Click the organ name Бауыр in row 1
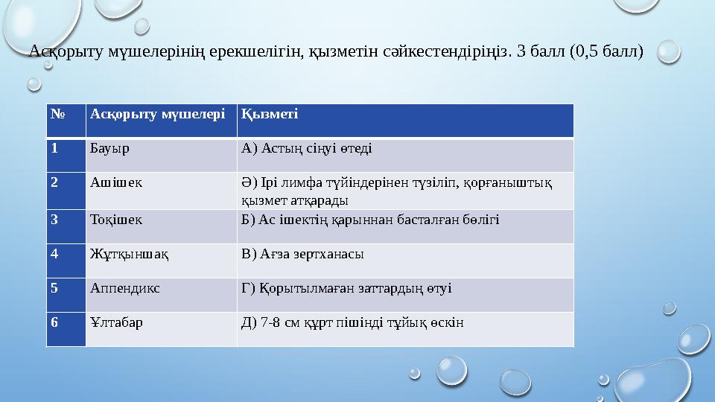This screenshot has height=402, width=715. click(109, 147)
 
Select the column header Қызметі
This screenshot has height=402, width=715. click(270, 113)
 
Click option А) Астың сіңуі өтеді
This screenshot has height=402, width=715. click(307, 147)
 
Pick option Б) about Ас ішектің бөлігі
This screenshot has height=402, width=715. click(370, 220)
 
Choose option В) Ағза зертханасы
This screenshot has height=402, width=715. click(302, 254)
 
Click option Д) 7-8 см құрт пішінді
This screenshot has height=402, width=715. click(352, 322)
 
